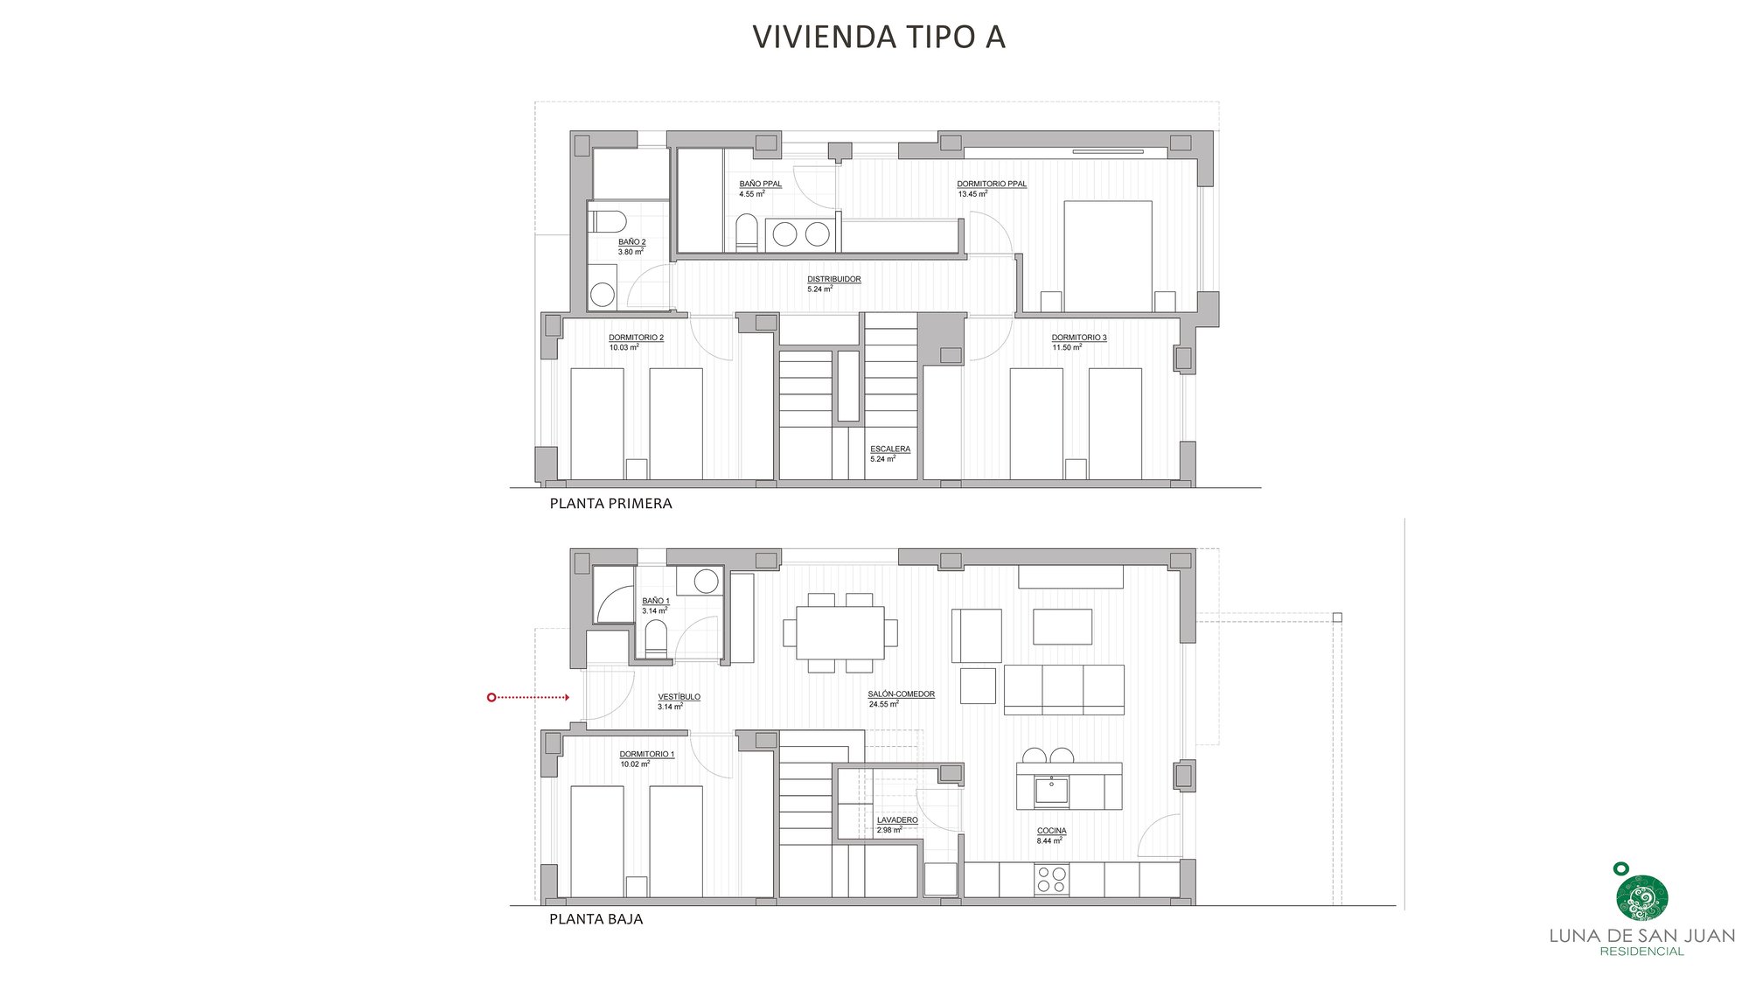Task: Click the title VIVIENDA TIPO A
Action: click(x=878, y=37)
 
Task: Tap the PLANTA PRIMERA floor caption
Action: click(x=610, y=504)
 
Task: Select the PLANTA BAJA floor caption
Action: click(x=596, y=919)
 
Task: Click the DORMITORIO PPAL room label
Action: click(x=991, y=185)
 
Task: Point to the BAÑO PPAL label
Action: click(x=760, y=185)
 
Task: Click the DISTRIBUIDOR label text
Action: click(x=833, y=280)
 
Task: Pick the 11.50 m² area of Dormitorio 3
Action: click(x=1066, y=348)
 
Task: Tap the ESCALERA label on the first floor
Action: click(x=889, y=450)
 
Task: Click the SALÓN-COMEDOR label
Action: click(x=901, y=694)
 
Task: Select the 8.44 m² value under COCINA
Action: click(x=1049, y=841)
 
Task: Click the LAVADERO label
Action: click(x=897, y=820)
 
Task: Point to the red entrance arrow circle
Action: click(x=491, y=697)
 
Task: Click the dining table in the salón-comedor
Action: click(x=840, y=632)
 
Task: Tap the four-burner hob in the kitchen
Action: click(x=1051, y=879)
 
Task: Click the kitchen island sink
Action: click(x=1051, y=791)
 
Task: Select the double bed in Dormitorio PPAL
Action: click(x=1107, y=255)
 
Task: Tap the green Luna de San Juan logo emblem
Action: click(x=1641, y=897)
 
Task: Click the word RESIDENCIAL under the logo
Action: click(x=1641, y=952)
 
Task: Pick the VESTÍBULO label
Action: click(x=679, y=697)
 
